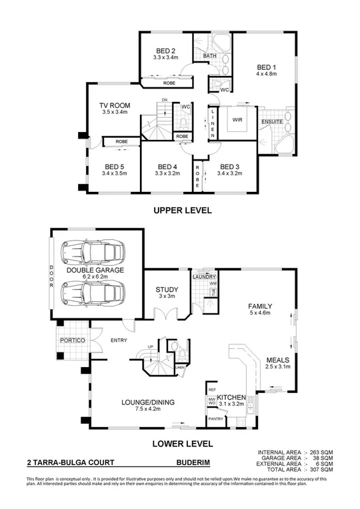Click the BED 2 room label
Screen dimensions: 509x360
(x=166, y=51)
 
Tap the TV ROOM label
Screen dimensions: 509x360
(x=115, y=105)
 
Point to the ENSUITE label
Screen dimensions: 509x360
(x=271, y=123)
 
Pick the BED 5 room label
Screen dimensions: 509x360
(x=115, y=167)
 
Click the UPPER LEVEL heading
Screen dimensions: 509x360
(x=182, y=210)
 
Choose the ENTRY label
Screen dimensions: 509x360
(x=119, y=340)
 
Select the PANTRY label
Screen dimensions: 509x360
(x=215, y=419)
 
